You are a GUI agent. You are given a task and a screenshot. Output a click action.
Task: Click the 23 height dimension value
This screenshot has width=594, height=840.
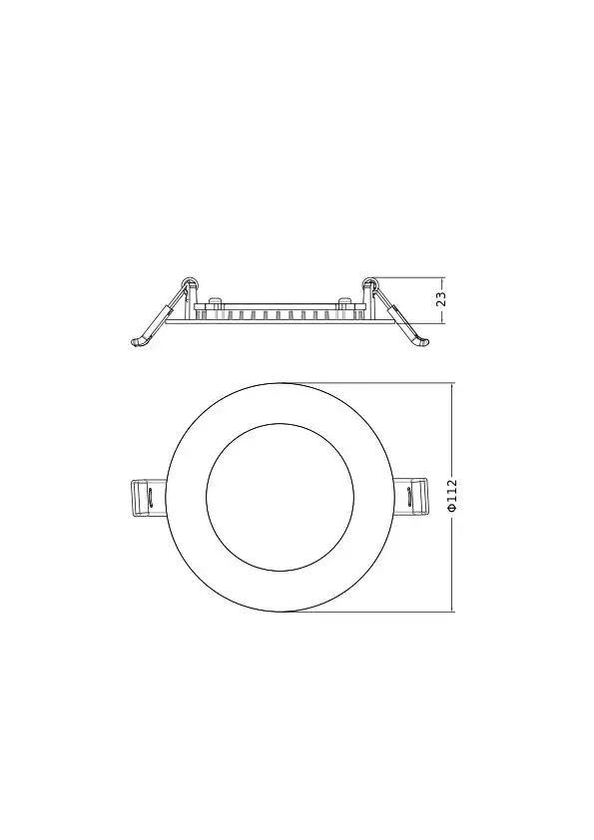(x=442, y=299)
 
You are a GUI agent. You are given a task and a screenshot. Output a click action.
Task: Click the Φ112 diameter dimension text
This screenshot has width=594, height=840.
(x=452, y=496)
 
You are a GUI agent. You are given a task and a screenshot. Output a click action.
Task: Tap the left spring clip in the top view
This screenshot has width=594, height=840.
(x=149, y=498)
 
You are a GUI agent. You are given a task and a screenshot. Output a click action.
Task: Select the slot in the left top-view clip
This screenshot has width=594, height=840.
(x=151, y=497)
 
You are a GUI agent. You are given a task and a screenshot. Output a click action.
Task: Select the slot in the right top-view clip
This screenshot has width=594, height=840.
(x=409, y=497)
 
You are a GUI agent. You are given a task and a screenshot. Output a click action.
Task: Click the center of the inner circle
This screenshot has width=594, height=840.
(x=280, y=497)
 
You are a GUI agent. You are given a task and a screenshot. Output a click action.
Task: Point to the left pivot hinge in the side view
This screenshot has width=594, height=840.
(x=190, y=283)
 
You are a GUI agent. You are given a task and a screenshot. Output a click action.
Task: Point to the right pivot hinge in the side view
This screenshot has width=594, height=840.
(x=368, y=283)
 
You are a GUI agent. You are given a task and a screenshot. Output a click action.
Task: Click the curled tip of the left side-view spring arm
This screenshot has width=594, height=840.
(x=137, y=341)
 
